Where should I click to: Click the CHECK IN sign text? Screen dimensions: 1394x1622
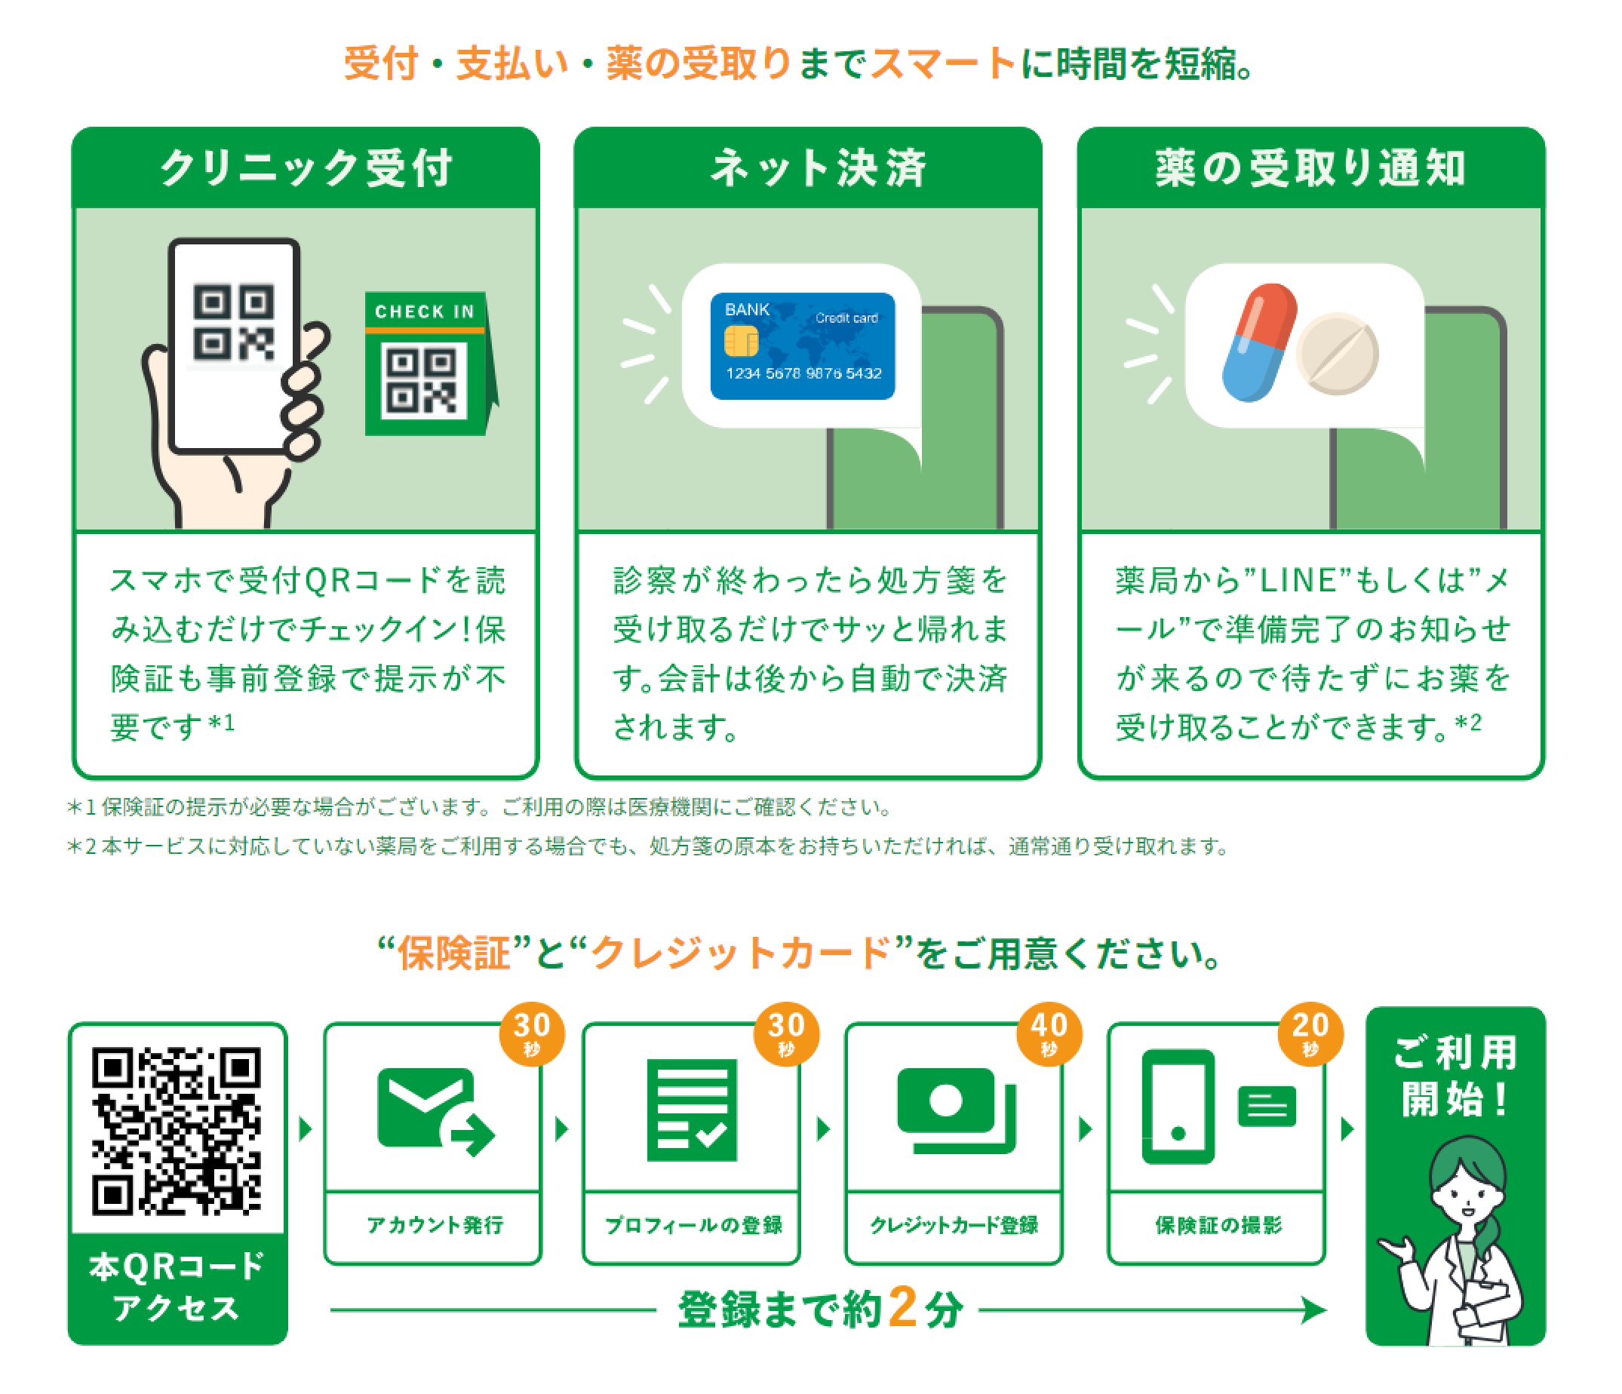(424, 312)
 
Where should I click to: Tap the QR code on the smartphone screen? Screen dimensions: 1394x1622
(234, 322)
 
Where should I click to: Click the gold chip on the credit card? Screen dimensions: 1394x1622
(741, 341)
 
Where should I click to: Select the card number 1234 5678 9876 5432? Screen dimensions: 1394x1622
(803, 373)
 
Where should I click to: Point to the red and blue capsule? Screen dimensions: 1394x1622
(1258, 342)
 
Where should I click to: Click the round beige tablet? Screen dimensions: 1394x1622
(1336, 354)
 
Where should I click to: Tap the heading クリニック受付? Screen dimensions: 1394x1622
(306, 167)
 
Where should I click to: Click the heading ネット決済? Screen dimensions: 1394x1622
(818, 167)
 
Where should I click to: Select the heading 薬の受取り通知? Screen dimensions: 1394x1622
(1310, 167)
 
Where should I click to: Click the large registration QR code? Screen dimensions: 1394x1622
(177, 1131)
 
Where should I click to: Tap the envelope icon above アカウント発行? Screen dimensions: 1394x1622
(428, 1107)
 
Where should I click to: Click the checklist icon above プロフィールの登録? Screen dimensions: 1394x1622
(692, 1110)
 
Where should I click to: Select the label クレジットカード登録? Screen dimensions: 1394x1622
(954, 1225)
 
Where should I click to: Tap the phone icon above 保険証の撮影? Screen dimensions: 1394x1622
(1178, 1107)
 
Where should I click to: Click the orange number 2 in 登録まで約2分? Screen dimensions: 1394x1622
(902, 1307)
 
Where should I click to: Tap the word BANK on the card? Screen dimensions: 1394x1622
(747, 310)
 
